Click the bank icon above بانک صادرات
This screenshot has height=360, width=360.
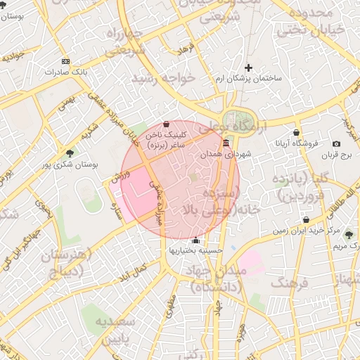(x=65, y=61)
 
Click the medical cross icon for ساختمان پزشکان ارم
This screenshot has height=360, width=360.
(x=249, y=67)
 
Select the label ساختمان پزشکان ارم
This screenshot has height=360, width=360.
(x=248, y=78)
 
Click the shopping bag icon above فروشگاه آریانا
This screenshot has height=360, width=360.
(x=296, y=132)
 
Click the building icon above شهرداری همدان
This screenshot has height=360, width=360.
(x=225, y=143)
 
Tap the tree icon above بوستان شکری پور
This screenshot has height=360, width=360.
(x=69, y=153)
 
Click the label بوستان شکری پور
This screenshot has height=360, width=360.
(x=68, y=164)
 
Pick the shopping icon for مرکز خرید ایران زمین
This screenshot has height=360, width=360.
(x=304, y=219)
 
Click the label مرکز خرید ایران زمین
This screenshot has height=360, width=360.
(x=304, y=230)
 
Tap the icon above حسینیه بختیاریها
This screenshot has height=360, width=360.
(x=195, y=239)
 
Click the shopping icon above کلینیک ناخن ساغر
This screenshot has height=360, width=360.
(x=165, y=124)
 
